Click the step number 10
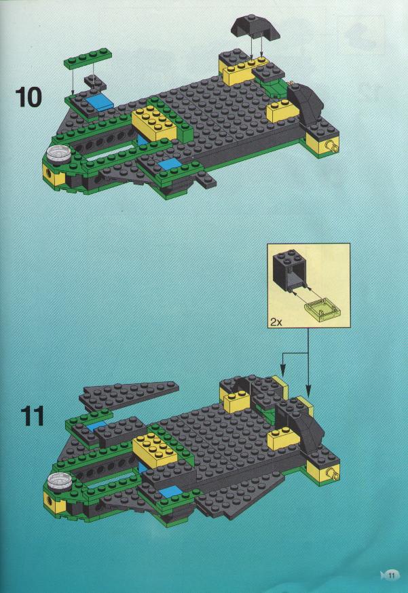click(x=29, y=97)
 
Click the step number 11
click(x=33, y=417)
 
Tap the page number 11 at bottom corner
click(x=391, y=575)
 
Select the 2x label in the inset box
click(x=276, y=322)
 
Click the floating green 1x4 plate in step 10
click(x=88, y=58)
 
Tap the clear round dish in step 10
click(x=58, y=154)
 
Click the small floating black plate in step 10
click(x=94, y=83)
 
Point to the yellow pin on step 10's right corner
click(x=333, y=146)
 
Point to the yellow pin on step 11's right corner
click(x=333, y=473)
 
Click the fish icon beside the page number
click(x=383, y=575)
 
